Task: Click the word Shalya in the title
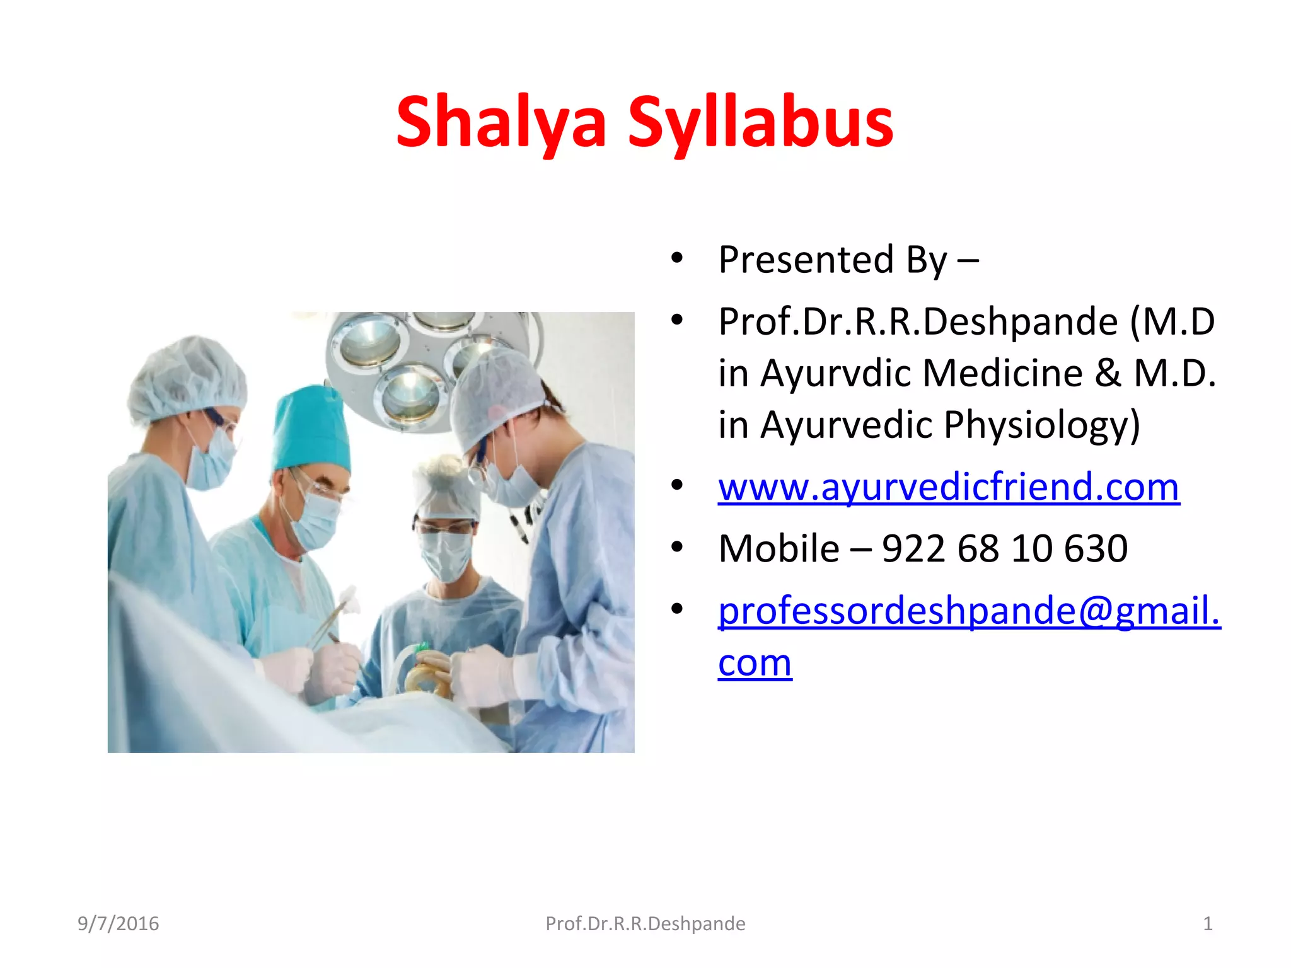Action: pos(501,123)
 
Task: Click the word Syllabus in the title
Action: pos(761,123)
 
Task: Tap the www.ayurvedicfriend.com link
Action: pos(948,487)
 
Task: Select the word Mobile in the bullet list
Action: pos(779,548)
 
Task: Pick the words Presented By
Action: pos(832,260)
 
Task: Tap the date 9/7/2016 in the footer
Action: pos(118,924)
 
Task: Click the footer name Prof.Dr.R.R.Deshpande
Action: pos(645,924)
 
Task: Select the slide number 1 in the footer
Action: pos(1207,924)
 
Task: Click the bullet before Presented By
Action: pos(677,258)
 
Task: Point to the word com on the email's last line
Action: pos(755,663)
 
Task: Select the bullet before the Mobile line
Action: pos(677,547)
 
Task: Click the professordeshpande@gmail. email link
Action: pos(969,611)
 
